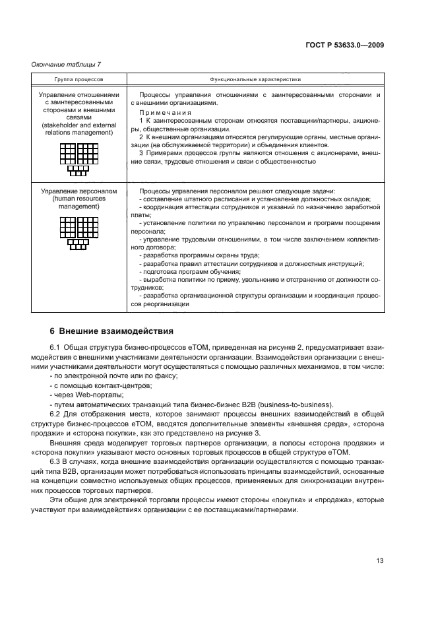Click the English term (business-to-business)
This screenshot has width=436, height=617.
[299, 405]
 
